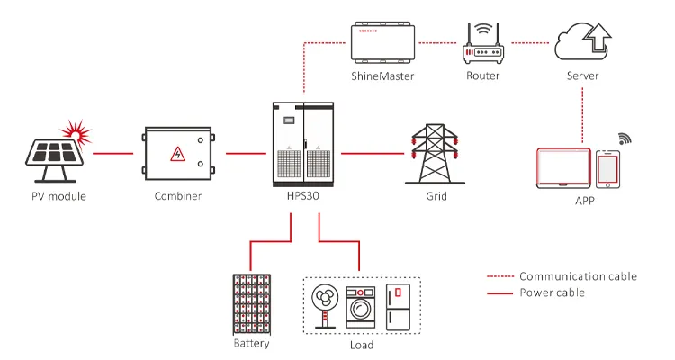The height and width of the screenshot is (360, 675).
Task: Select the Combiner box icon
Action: click(x=179, y=155)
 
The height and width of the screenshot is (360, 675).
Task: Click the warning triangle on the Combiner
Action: click(x=179, y=156)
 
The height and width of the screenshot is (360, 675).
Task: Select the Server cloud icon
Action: click(x=582, y=40)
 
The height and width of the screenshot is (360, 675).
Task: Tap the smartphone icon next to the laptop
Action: click(x=609, y=170)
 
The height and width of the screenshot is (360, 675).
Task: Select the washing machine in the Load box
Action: click(x=361, y=306)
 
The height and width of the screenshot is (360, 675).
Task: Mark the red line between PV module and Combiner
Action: click(x=111, y=154)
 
